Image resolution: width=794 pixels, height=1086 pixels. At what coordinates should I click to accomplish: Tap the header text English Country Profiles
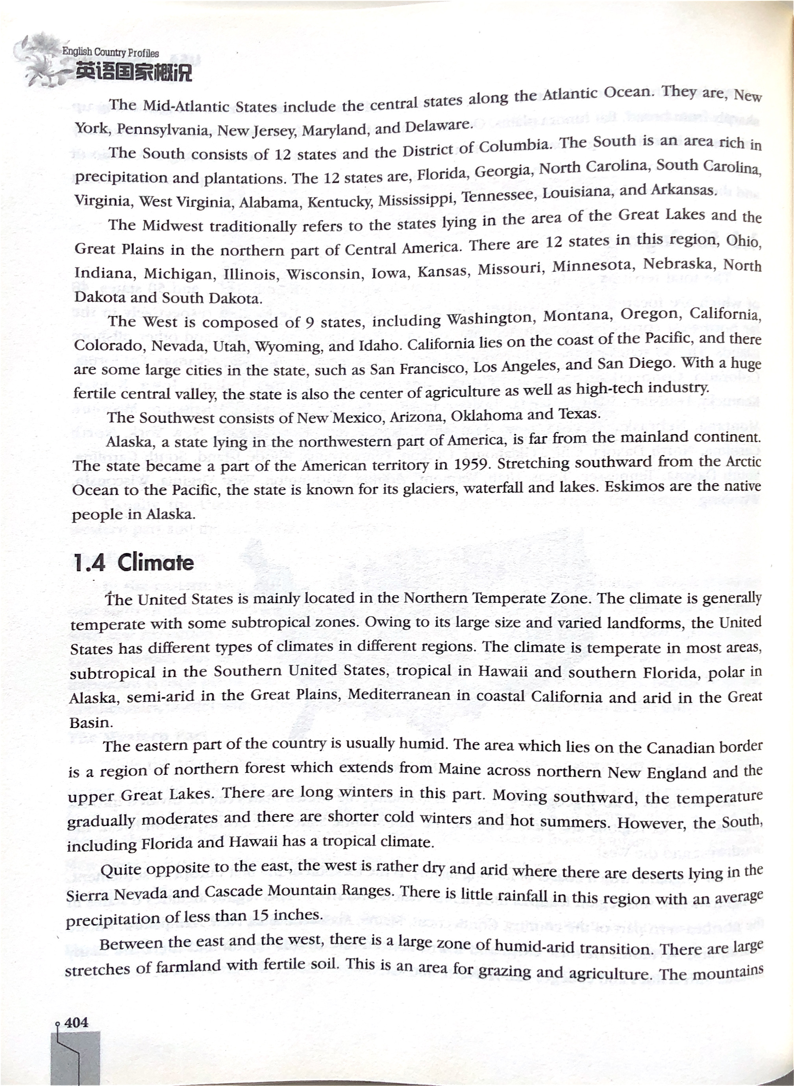pyautogui.click(x=110, y=52)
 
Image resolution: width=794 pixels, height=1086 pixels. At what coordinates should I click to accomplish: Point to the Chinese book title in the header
pyautogui.click(x=133, y=72)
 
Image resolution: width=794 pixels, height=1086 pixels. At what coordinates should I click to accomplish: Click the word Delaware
pyautogui.click(x=437, y=126)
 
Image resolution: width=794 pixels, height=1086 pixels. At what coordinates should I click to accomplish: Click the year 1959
pyautogui.click(x=472, y=464)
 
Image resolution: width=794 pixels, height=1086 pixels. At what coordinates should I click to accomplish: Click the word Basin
pyautogui.click(x=90, y=722)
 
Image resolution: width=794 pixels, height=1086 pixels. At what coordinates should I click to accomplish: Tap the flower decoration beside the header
pyautogui.click(x=41, y=60)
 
